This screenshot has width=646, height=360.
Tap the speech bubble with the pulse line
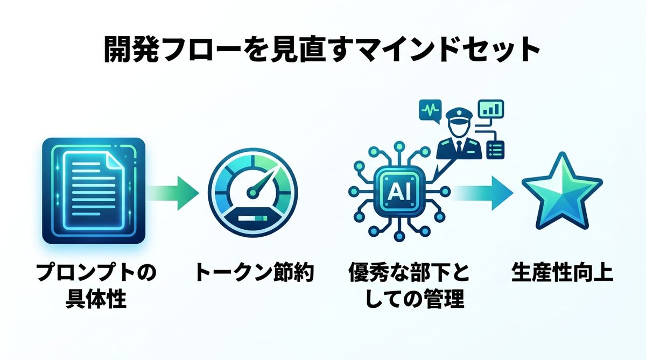pyautogui.click(x=430, y=110)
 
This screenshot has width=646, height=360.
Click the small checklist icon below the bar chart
pyautogui.click(x=494, y=149)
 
